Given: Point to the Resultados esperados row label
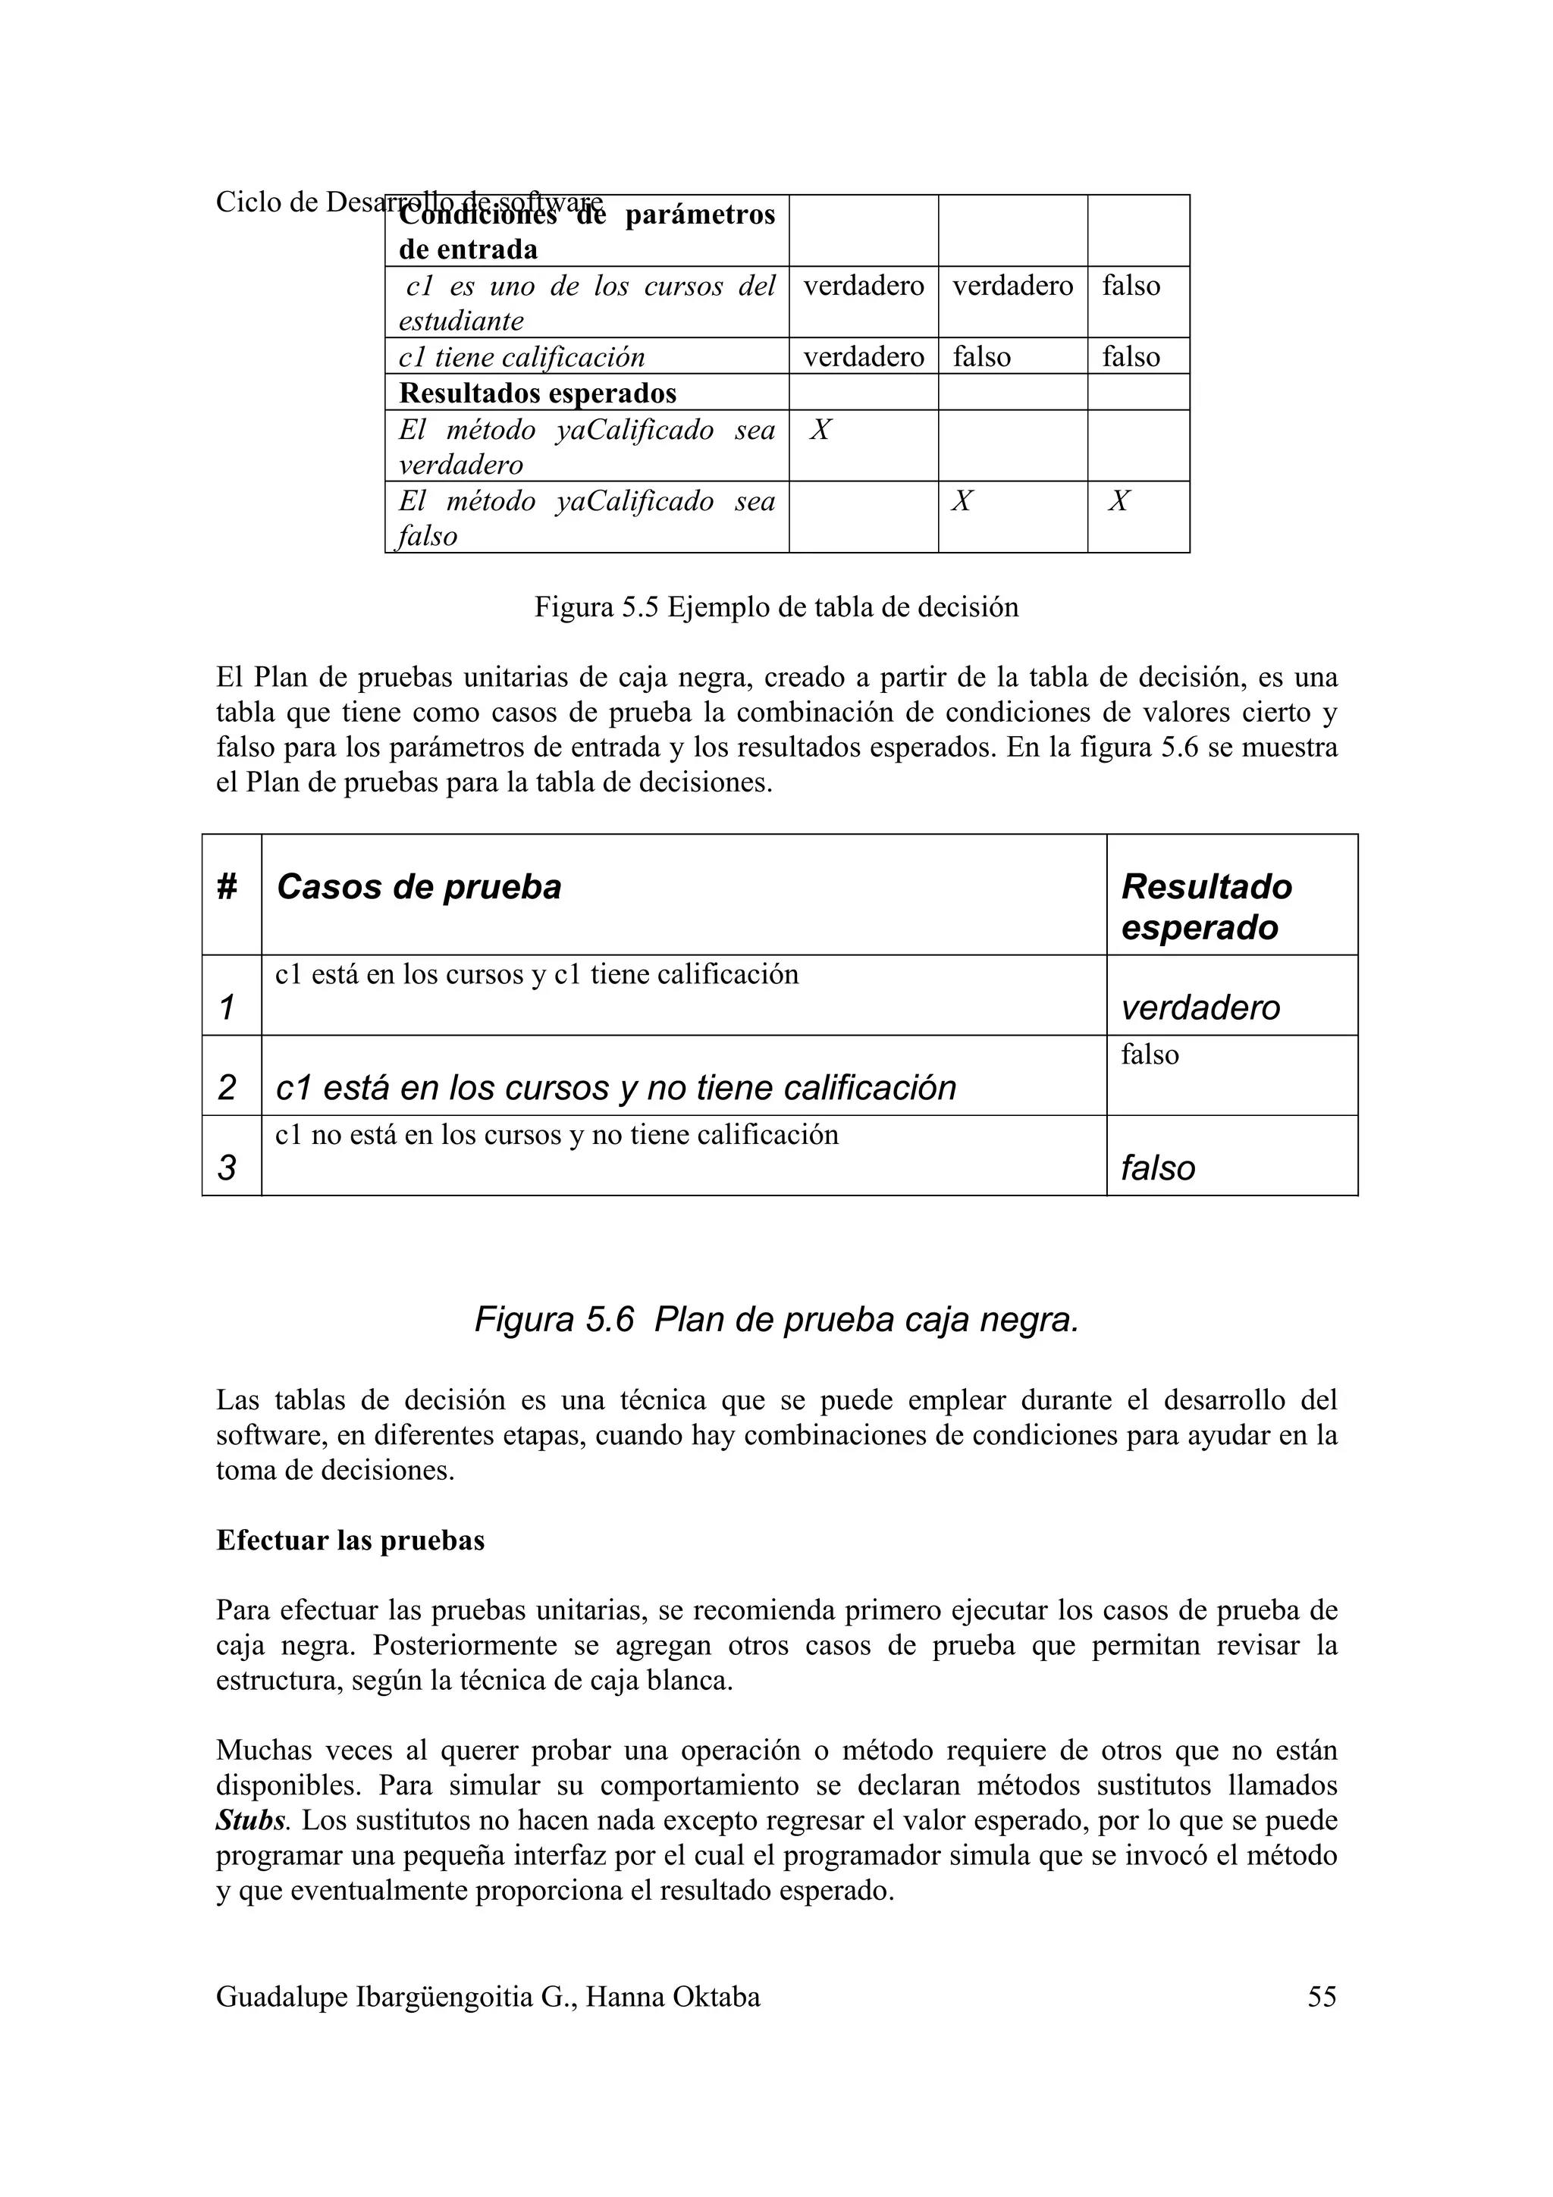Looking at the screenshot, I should [537, 393].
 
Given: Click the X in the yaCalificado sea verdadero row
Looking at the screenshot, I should [820, 430].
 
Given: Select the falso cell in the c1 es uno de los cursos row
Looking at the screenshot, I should [1131, 285].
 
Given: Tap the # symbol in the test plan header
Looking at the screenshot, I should [227, 887].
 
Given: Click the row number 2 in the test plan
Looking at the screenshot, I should [227, 1087].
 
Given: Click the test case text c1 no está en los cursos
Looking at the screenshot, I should [556, 1135].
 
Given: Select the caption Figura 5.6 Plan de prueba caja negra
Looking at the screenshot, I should [776, 1320].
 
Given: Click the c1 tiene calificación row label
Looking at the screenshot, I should [522, 357].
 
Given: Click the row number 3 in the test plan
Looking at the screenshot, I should [227, 1167].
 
